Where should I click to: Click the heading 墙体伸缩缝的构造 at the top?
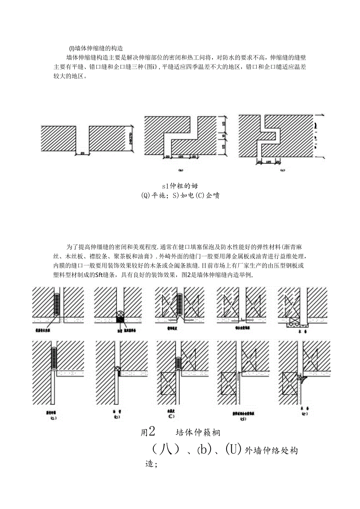point(96,49)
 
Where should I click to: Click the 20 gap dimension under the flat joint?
point(82,153)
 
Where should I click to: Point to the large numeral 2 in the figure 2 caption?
point(152,432)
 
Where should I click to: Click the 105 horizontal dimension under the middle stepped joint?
point(181,156)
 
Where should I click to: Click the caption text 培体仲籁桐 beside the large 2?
point(198,432)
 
